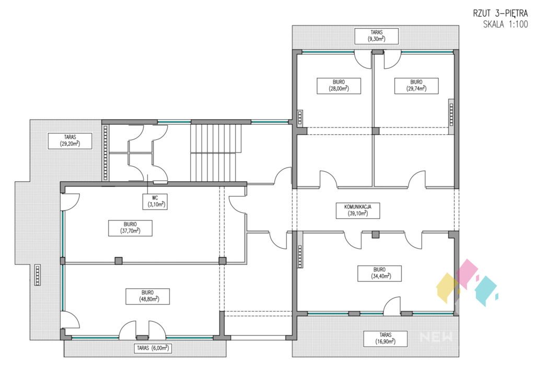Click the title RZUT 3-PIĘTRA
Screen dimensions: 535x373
[500, 13]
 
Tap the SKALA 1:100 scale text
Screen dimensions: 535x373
[506, 24]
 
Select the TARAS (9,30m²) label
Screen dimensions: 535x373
[376, 36]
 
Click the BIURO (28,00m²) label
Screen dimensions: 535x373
[339, 86]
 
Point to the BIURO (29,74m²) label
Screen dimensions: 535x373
[416, 86]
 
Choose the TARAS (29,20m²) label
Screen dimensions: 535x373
[70, 141]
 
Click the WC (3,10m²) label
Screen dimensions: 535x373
[155, 201]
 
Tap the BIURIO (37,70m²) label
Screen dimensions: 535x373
[130, 228]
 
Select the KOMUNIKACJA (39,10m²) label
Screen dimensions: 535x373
[357, 211]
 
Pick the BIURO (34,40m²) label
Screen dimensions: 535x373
[379, 273]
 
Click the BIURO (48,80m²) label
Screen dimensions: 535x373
[147, 296]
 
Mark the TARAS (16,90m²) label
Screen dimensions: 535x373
[385, 339]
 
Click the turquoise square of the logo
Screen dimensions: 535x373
[486, 291]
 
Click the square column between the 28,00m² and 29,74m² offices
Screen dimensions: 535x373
[375, 131]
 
